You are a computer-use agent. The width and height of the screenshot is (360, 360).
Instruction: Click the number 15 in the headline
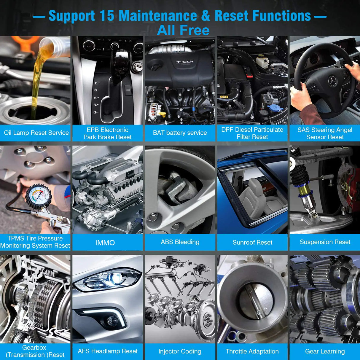click(x=106, y=16)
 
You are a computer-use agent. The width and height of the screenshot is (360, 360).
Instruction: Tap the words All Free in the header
click(x=183, y=30)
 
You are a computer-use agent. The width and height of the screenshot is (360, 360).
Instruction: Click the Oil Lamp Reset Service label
click(x=36, y=133)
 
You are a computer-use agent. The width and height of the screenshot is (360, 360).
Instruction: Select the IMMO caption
click(x=105, y=243)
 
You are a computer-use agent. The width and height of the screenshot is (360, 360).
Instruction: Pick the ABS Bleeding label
click(x=180, y=242)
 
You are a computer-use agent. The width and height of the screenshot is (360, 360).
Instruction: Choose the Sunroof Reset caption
click(x=252, y=242)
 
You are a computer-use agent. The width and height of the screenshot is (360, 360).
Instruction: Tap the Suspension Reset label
click(x=325, y=242)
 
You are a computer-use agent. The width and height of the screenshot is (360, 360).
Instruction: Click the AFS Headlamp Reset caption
click(x=108, y=351)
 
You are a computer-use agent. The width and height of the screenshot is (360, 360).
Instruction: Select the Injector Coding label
click(x=180, y=351)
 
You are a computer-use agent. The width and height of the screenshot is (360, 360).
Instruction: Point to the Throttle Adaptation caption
click(x=252, y=351)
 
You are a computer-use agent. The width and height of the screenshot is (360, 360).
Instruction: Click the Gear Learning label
click(x=325, y=351)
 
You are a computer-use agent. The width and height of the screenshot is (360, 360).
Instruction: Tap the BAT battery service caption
click(x=180, y=133)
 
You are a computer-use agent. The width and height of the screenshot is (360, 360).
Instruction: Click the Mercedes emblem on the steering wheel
click(x=332, y=81)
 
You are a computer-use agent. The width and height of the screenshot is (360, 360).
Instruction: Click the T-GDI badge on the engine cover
click(x=184, y=62)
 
